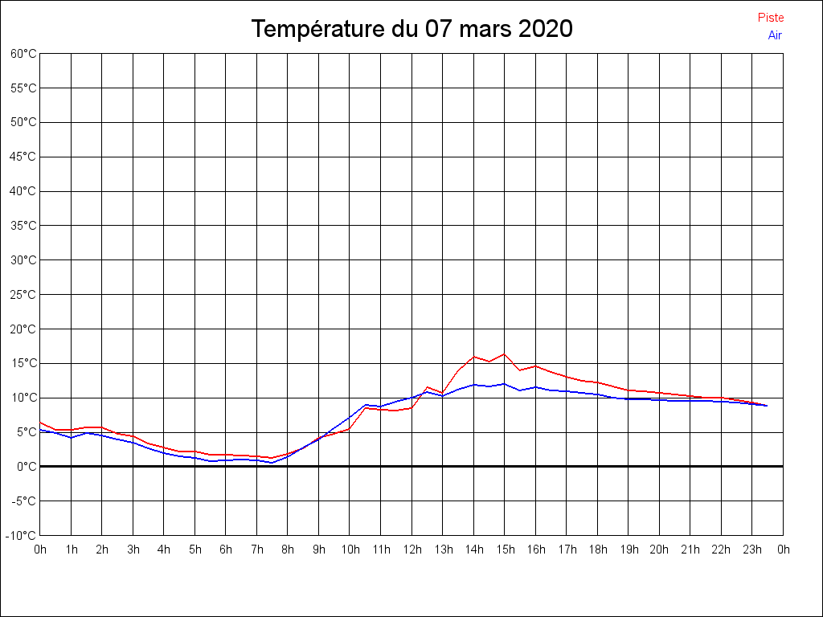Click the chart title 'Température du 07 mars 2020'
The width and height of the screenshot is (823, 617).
pos(411,29)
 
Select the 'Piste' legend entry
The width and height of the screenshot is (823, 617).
pos(770,18)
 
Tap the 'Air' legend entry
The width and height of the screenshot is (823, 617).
pos(775,35)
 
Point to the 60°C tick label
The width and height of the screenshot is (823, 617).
pos(23,54)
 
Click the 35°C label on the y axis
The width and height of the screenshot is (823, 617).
pos(23,226)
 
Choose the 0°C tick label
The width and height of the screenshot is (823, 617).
pos(27,466)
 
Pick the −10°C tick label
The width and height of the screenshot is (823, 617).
pos(22,535)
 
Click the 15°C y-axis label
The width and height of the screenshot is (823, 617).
pos(23,363)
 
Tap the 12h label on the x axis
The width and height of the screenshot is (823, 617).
pos(411,550)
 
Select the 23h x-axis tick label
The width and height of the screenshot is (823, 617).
pos(752,550)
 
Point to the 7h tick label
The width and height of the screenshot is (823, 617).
pos(256,550)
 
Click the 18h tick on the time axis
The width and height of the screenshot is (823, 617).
pos(597,550)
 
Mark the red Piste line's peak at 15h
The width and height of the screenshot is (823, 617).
pos(505,353)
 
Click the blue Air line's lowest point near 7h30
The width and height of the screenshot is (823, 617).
pos(272,463)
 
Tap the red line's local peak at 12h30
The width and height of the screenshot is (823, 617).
pos(427,387)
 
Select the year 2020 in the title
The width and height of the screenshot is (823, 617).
pos(544,29)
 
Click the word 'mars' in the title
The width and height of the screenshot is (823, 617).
pos(485,29)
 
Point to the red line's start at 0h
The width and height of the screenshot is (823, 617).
pos(40,422)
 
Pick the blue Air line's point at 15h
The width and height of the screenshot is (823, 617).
pos(505,383)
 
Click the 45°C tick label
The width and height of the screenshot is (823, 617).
pos(23,157)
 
